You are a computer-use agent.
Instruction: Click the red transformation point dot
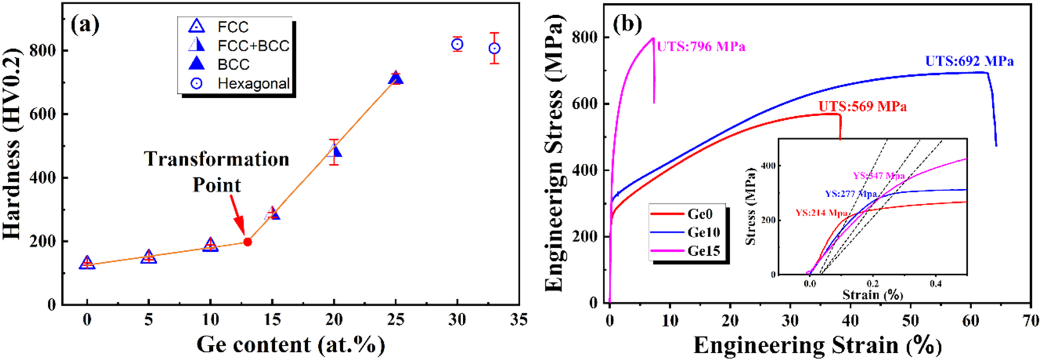[x=247, y=241]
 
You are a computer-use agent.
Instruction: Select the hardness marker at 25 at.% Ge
[x=395, y=78]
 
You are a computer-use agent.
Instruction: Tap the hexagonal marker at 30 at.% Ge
[x=457, y=44]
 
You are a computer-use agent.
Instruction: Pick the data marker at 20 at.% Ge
[x=334, y=151]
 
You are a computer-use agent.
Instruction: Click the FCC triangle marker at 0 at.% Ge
[x=87, y=263]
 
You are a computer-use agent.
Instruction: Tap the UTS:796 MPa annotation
[x=701, y=47]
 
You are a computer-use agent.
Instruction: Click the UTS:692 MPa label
[x=969, y=61]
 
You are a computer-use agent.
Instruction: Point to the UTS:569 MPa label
[x=862, y=106]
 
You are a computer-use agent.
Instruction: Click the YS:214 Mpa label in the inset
[x=821, y=213]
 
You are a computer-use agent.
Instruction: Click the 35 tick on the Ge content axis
[x=519, y=319]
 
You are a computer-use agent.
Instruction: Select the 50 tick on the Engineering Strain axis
[x=911, y=321]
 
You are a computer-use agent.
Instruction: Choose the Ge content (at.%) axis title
[x=291, y=344]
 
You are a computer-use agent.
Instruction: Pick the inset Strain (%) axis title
[x=872, y=295]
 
